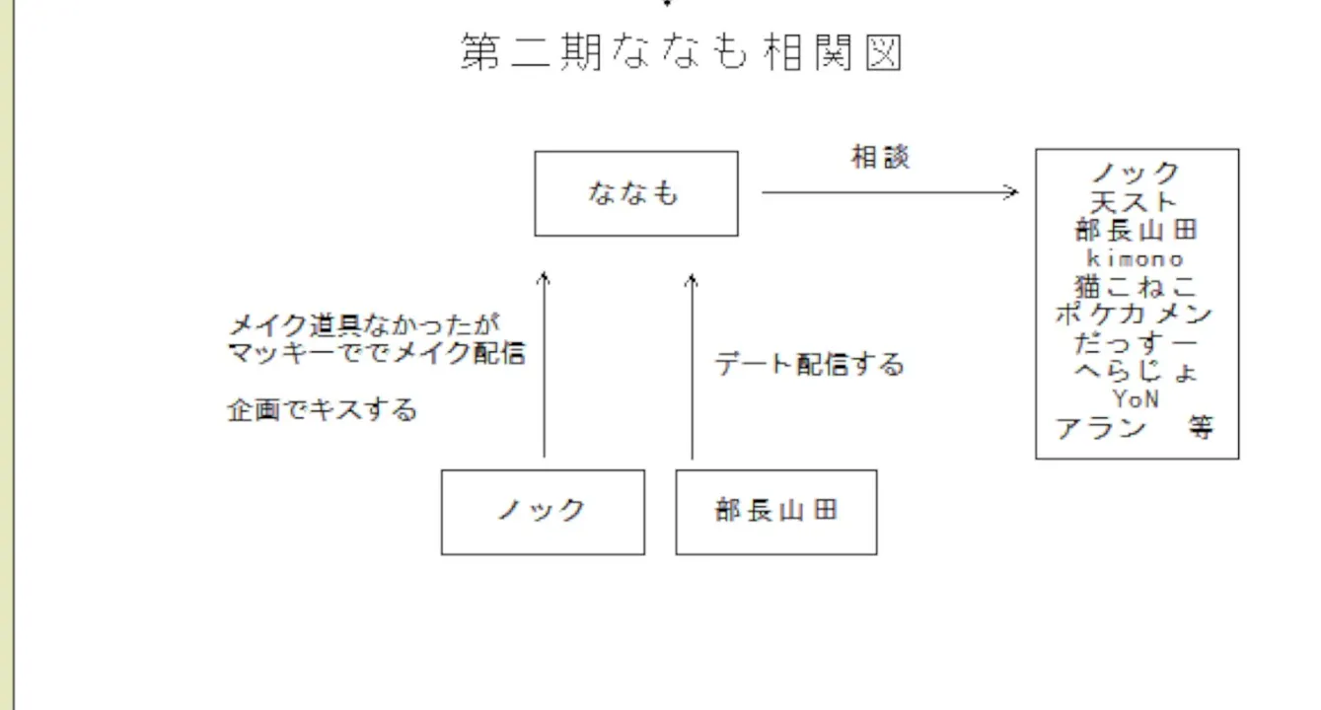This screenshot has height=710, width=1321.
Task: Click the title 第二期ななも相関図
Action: tap(682, 52)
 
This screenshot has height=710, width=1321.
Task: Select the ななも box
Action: tap(635, 193)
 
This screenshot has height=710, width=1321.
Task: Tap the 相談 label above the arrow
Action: tap(880, 158)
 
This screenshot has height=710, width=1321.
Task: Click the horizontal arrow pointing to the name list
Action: tap(889, 192)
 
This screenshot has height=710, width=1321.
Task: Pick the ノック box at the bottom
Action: tap(542, 511)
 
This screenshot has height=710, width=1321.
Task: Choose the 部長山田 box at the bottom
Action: tap(775, 511)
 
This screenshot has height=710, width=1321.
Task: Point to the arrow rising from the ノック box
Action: tap(544, 366)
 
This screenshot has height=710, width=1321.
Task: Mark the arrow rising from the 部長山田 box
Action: tap(692, 366)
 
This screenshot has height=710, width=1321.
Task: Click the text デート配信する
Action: tap(809, 365)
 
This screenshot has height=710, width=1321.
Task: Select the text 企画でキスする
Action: tap(322, 410)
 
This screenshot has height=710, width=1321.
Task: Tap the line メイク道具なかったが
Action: tap(364, 324)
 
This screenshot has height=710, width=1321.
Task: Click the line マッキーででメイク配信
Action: tap(376, 352)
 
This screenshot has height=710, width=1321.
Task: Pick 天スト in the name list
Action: tap(1135, 202)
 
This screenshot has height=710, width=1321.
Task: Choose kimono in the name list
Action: tap(1135, 258)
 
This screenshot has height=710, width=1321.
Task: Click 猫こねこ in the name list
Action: tap(1135, 287)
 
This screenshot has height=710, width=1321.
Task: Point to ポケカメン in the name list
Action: tap(1135, 315)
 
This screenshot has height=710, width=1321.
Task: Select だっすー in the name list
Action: tap(1135, 343)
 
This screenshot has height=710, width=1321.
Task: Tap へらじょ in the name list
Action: tap(1135, 372)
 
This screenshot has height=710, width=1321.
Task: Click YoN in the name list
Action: tap(1136, 399)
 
